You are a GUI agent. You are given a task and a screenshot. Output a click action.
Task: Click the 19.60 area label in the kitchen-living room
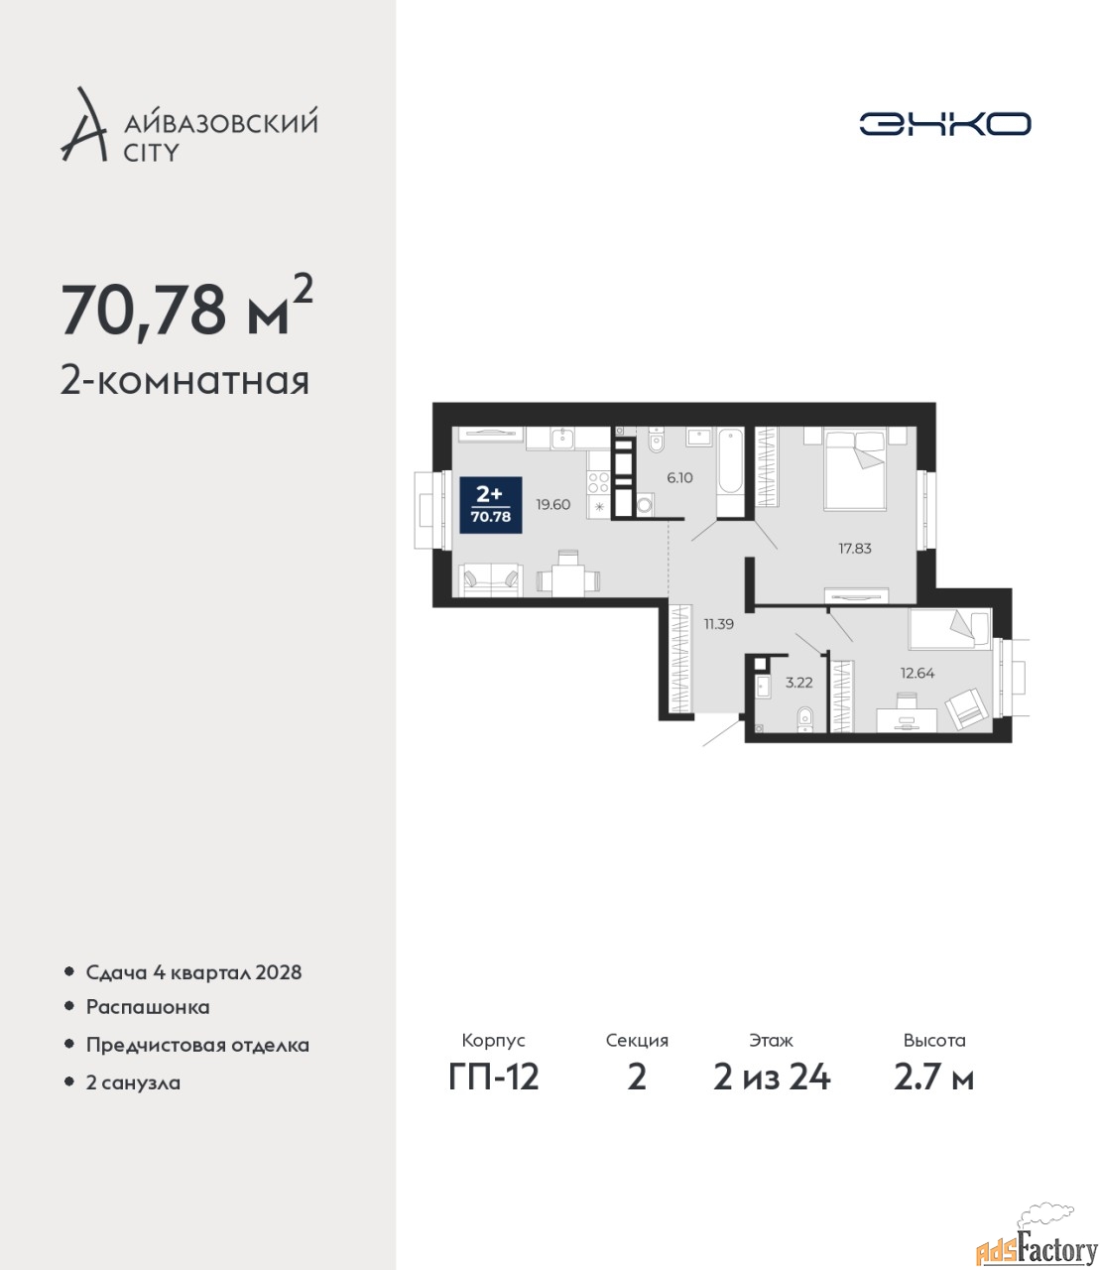click(x=552, y=505)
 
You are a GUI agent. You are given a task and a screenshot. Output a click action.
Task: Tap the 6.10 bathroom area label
click(x=679, y=478)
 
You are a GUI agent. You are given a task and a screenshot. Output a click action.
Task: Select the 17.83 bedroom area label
click(x=855, y=548)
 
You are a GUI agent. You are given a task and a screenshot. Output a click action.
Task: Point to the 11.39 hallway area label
click(x=718, y=624)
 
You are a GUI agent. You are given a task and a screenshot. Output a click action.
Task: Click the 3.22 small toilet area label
click(x=799, y=683)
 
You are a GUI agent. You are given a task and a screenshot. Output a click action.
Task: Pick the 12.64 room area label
click(x=917, y=674)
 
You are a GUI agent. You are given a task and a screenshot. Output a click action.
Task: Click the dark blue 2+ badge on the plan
click(x=491, y=505)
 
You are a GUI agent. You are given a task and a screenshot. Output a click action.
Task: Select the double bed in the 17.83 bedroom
click(x=854, y=470)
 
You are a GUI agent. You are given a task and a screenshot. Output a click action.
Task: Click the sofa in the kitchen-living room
click(x=491, y=580)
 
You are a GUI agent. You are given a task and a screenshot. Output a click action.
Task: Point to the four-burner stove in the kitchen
click(x=598, y=482)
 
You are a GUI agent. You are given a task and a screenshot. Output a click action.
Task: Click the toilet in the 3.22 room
click(x=804, y=719)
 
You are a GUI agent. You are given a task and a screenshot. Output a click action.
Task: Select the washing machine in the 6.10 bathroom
click(x=645, y=505)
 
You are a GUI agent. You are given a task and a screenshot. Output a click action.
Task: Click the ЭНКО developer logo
click(x=944, y=123)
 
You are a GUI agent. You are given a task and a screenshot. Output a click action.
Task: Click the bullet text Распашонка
click(x=148, y=1007)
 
